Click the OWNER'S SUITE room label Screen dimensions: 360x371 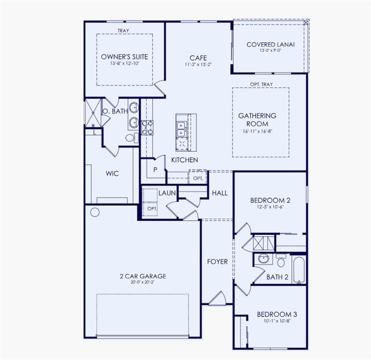point(125,57)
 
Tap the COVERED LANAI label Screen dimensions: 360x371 point(270,45)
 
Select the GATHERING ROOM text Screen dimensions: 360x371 point(257,119)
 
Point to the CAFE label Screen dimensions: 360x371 point(198,58)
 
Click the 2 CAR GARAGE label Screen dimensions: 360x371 point(142,276)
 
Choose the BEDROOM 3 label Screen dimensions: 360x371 point(276,314)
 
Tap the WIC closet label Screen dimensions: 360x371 point(112,173)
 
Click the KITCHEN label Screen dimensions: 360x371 point(184,160)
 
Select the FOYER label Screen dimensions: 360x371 point(218,262)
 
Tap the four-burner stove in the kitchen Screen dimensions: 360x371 point(147,127)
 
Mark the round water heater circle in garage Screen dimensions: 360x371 point(95,212)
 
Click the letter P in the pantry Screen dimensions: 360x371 point(155,169)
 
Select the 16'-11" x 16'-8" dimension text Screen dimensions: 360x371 point(257,131)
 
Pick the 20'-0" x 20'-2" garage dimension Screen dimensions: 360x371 point(142,283)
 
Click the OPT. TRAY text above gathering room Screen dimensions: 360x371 point(261,84)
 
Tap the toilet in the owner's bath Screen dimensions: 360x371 point(132,137)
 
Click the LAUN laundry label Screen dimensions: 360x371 point(166,193)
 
